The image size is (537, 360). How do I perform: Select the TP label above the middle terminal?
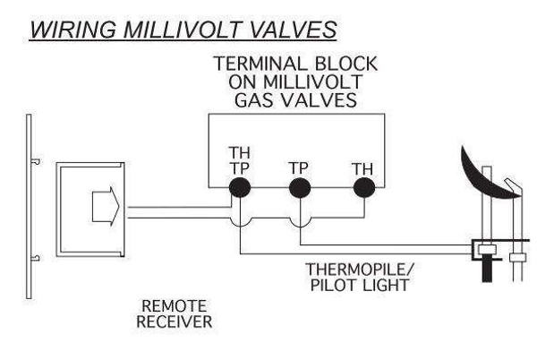point(300,167)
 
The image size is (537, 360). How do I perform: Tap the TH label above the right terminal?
point(362,167)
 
